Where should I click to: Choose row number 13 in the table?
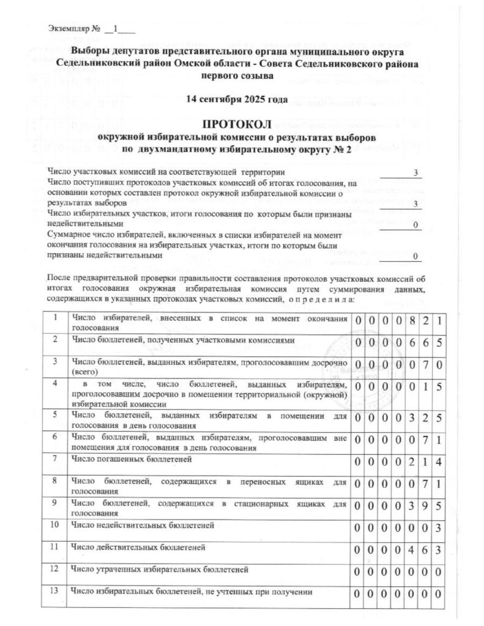pyautogui.click(x=55, y=591)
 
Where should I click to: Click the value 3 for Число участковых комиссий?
pyautogui.click(x=415, y=173)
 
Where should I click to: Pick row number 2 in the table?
pyautogui.click(x=55, y=339)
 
